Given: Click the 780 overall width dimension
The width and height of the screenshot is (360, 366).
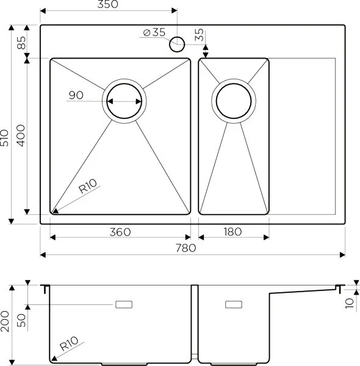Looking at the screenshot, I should coord(186,248).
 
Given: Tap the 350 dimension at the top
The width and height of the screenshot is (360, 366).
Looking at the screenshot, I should coord(107,5).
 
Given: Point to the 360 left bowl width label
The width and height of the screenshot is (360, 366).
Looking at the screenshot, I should coord(121,232).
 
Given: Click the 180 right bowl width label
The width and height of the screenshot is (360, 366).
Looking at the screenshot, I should coord(232,232).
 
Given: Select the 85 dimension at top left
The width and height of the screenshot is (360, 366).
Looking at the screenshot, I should coord(20,43).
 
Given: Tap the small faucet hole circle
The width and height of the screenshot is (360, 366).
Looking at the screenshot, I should coord(177,43).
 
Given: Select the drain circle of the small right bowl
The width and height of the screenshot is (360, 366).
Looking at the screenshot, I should coord(232,101).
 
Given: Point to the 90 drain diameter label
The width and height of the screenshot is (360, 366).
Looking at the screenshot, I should coord(76,95).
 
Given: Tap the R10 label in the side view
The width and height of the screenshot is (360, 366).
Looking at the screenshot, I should coord(69,346).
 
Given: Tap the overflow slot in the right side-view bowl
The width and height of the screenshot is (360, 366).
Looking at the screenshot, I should coord(234,303).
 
